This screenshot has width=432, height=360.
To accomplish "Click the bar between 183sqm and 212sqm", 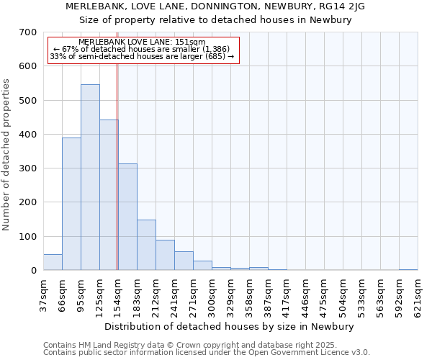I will pos(146,245).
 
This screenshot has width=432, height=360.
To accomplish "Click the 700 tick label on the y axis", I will pos(27,32).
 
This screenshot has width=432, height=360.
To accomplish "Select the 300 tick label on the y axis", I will pos(27,168).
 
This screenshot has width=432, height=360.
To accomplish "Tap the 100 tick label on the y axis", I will pos(27,237).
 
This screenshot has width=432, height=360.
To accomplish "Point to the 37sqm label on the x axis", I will pos(44,294).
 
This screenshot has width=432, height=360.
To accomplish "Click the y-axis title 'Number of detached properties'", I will pos(6,155).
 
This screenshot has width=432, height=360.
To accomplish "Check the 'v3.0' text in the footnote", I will pos(359,353).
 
